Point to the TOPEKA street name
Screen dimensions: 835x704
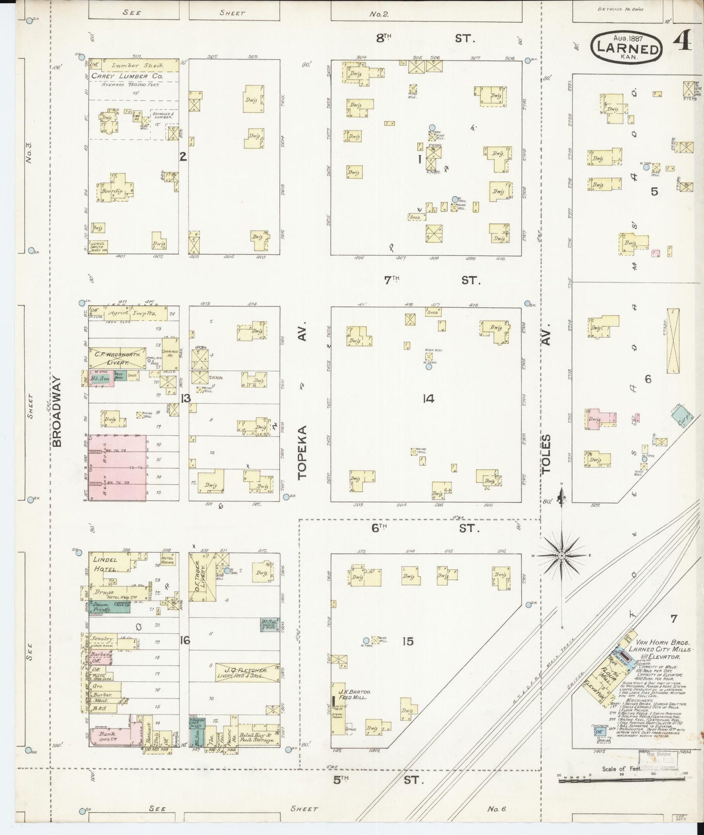[303, 452]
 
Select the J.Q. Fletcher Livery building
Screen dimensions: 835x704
[247, 673]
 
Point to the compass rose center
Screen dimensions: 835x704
[561, 555]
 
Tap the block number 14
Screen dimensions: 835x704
[428, 399]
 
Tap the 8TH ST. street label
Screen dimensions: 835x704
[423, 38]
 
